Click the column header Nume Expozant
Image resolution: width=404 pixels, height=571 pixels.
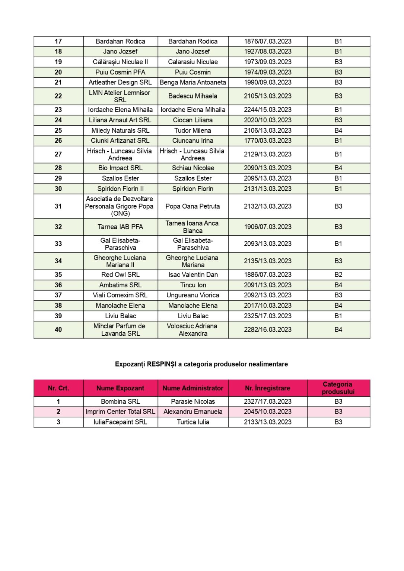(120, 388)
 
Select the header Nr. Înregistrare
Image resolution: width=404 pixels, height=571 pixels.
(267, 388)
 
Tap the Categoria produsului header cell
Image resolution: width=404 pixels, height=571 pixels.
(338, 388)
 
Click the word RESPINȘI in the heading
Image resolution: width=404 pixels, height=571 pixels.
(162, 364)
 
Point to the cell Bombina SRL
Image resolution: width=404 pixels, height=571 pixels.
(120, 401)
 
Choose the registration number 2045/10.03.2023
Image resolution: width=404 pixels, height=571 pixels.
(267, 412)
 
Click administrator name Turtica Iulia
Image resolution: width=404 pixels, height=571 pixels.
(193, 422)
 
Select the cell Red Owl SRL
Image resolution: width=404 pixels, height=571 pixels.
(120, 275)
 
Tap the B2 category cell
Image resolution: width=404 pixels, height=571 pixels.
(338, 275)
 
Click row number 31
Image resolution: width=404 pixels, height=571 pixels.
(58, 206)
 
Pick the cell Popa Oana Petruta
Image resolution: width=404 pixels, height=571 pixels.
(193, 206)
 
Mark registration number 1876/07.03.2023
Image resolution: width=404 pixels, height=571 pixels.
(267, 41)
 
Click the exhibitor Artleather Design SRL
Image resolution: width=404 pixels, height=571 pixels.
(120, 83)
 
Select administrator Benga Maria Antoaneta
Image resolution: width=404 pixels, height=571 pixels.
(193, 83)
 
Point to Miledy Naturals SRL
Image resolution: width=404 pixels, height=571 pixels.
(120, 130)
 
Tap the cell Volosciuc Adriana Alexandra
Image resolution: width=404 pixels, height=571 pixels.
(193, 330)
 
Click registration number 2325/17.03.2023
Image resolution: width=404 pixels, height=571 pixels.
(267, 316)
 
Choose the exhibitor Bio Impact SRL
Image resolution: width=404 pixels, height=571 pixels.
(120, 168)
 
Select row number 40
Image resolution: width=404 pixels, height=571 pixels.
(58, 330)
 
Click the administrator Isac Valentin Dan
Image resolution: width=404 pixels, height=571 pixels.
(193, 275)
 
